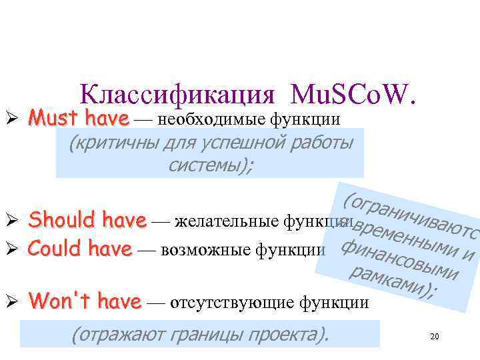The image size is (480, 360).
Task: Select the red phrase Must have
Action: (x=79, y=119)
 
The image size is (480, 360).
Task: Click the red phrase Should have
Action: (x=88, y=219)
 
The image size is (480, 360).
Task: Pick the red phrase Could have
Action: (x=81, y=249)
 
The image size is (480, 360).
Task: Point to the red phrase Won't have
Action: (x=86, y=301)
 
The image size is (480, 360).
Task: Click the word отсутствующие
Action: (x=233, y=303)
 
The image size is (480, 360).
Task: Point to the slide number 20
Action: (x=435, y=337)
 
